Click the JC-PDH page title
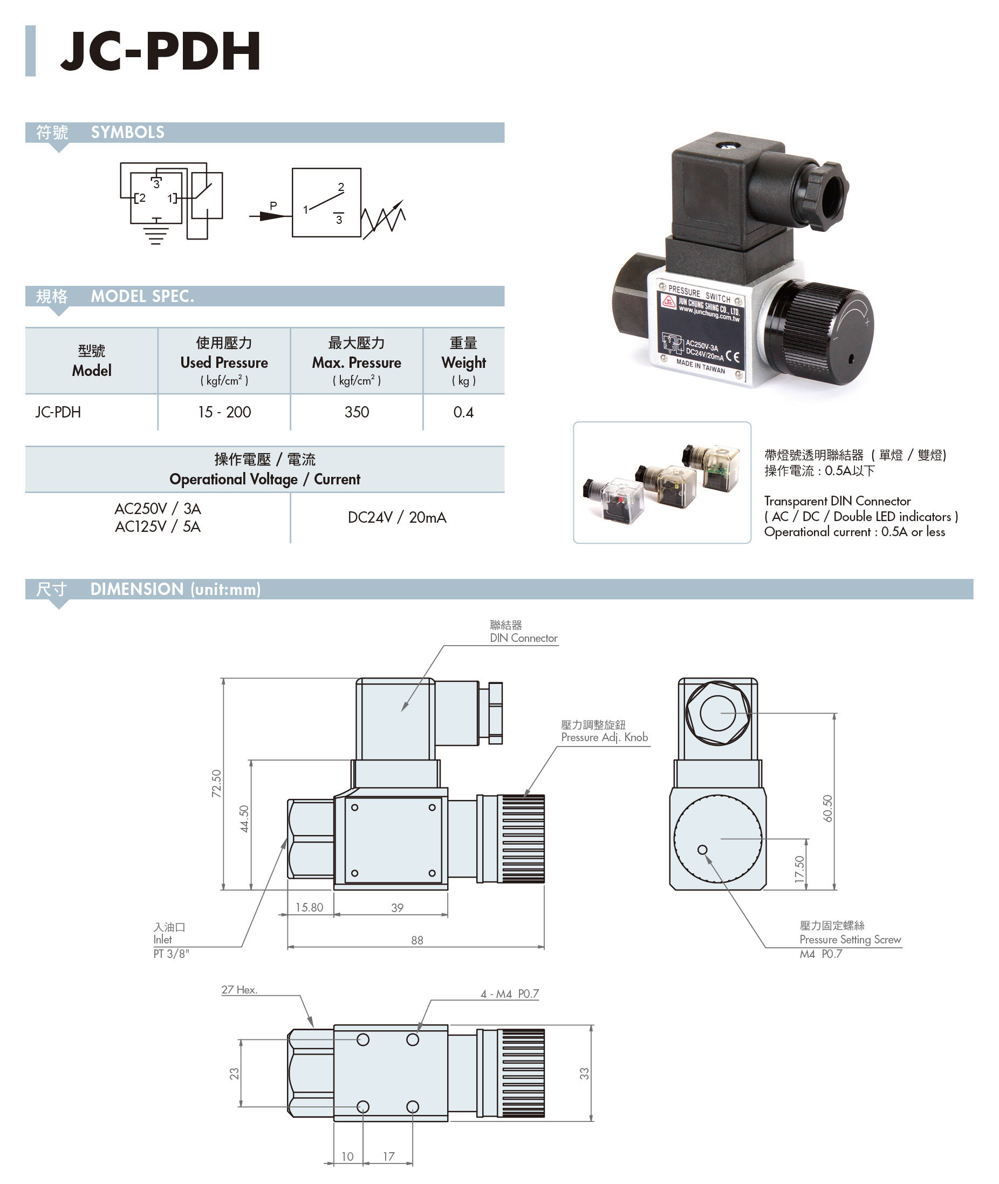160,51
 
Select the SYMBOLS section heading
127,133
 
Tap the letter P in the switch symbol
273,206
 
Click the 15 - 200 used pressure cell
224,412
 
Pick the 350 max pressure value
357,412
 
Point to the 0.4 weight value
463,412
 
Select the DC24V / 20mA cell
397,517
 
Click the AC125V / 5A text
158,527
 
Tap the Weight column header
463,362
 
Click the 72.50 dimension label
216,784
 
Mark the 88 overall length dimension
417,941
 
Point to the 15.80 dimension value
309,908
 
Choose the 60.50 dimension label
827,809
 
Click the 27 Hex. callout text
239,990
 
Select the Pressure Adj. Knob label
604,737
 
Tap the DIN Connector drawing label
523,638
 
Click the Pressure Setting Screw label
850,940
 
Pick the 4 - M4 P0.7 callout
510,994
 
